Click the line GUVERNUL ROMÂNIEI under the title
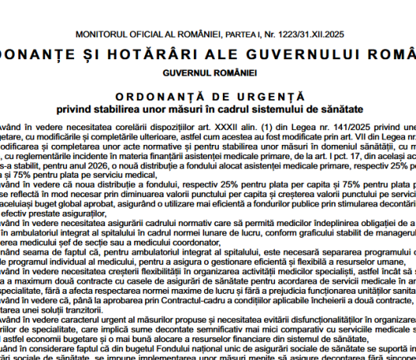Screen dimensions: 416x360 tap(210, 72)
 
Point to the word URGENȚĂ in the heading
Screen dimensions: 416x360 tap(252, 93)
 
